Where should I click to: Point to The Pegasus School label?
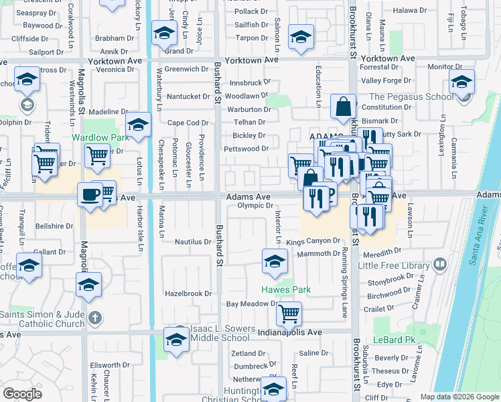(411, 96)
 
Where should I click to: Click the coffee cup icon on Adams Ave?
(89, 195)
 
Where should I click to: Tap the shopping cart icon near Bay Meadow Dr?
(288, 312)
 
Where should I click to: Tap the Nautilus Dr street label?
(193, 242)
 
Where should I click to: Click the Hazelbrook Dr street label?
(189, 293)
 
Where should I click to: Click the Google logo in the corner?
(22, 393)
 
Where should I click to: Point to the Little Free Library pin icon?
(439, 265)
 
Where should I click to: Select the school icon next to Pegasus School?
(461, 81)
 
